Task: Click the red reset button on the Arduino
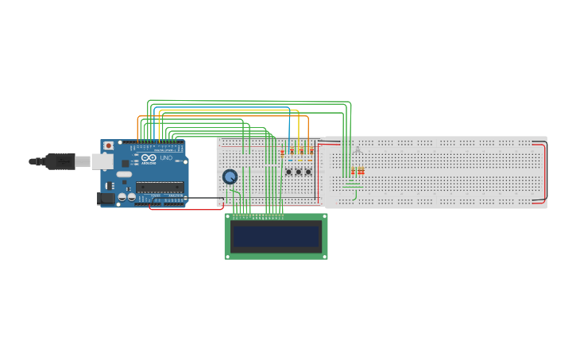coord(109,145)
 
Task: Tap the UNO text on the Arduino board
coord(166,158)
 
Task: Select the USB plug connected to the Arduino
coord(60,161)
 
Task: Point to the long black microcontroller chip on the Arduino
coord(160,188)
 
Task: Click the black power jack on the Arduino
coord(106,199)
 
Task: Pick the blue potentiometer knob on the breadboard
coord(230,176)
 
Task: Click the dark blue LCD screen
coord(276,236)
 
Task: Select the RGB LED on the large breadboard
coord(358,151)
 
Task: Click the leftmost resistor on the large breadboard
coord(353,171)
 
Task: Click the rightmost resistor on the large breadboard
coord(363,171)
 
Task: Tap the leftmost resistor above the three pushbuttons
coord(282,153)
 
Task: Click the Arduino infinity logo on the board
coord(149,158)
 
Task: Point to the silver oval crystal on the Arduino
coord(123,174)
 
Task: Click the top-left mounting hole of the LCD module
coord(228,217)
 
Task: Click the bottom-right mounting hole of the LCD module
coord(324,256)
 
